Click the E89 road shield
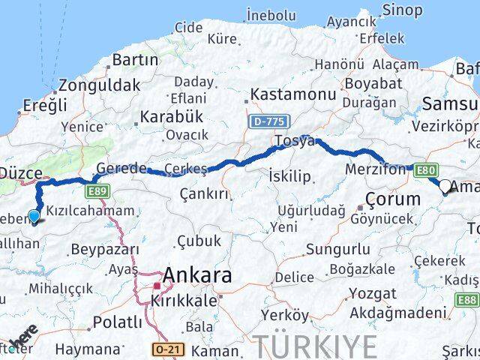tap(97, 192)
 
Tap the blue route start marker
tap(34, 217)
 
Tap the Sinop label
tap(402, 10)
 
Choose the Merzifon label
tap(374, 170)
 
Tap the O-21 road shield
tap(166, 349)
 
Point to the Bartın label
tap(134, 60)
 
